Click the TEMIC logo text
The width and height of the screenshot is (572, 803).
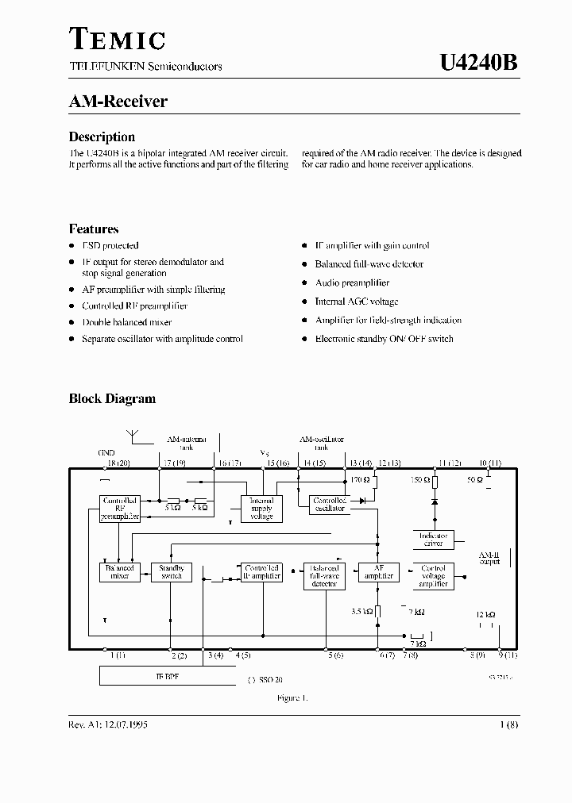(x=117, y=39)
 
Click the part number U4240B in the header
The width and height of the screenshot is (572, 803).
(x=479, y=63)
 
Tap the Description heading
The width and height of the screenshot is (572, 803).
(x=102, y=136)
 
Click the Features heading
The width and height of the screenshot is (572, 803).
(x=94, y=229)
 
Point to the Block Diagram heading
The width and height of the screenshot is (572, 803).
(x=112, y=399)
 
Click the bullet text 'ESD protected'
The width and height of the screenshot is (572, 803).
(x=110, y=246)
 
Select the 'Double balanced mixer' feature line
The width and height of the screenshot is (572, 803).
(x=126, y=322)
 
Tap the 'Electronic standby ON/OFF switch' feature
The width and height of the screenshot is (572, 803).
(x=384, y=339)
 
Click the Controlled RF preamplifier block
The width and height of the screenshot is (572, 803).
(x=120, y=508)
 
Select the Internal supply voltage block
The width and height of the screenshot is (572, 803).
(x=261, y=508)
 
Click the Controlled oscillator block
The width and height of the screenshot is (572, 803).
(x=328, y=505)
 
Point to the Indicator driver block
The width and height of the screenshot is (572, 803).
(x=433, y=540)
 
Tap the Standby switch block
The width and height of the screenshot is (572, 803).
(x=172, y=572)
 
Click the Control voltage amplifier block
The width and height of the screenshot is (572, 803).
(x=433, y=575)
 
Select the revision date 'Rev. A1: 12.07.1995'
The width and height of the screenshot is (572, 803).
(x=107, y=724)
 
